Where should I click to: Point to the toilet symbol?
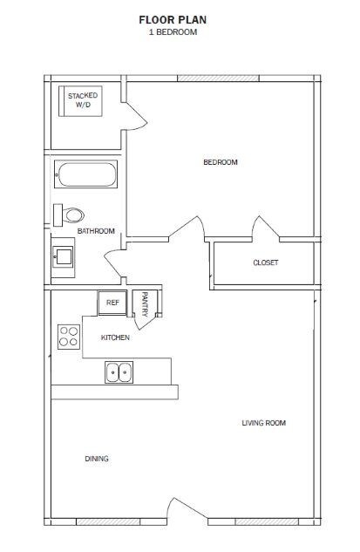pyautogui.click(x=69, y=214)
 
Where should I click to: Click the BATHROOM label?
pyautogui.click(x=96, y=231)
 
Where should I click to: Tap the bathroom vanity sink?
pyautogui.click(x=63, y=257)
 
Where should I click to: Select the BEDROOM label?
pyautogui.click(x=220, y=162)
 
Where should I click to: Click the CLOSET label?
pyautogui.click(x=265, y=262)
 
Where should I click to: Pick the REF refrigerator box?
pyautogui.click(x=112, y=303)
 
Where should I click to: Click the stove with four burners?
pyautogui.click(x=69, y=336)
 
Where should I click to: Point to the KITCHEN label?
pyautogui.click(x=116, y=337)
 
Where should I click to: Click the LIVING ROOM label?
pyautogui.click(x=263, y=423)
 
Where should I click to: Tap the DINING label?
pyautogui.click(x=97, y=459)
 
